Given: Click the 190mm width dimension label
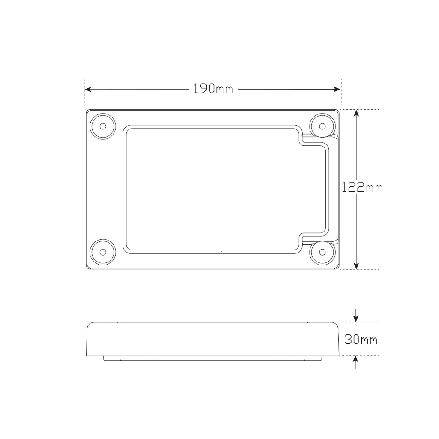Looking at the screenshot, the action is (213, 89).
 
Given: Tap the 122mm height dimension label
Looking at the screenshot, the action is (362, 187).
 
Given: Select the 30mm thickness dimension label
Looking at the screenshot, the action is (361, 340).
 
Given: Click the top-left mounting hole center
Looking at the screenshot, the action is (103, 126).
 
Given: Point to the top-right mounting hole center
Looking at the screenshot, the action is (322, 126).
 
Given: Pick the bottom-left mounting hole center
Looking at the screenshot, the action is (103, 252).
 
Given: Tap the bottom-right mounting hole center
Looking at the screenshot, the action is (322, 252).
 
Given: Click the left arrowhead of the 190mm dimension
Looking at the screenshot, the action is (88, 89).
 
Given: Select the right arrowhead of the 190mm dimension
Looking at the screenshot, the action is (337, 89).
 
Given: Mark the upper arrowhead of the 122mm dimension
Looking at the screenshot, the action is (356, 113).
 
